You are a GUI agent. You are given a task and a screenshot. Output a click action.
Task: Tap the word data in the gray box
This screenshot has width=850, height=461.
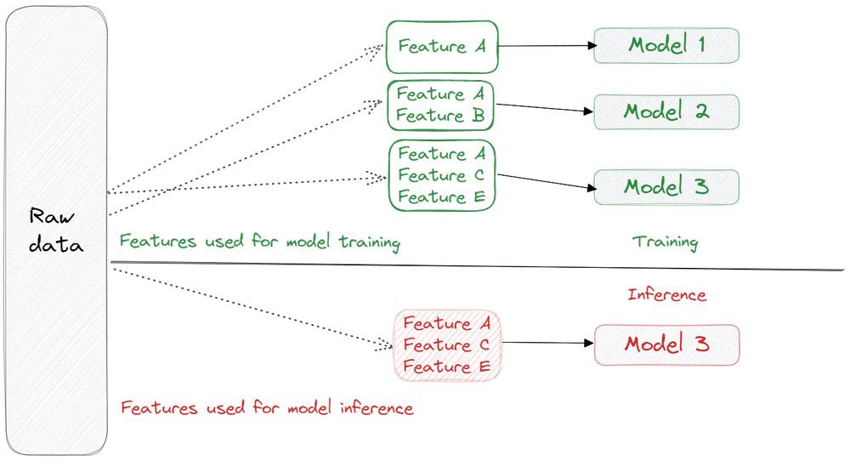tap(55, 245)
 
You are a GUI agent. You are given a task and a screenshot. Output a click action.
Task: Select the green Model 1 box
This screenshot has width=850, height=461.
tap(666, 45)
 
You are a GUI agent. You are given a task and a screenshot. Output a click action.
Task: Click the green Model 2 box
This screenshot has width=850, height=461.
tap(666, 111)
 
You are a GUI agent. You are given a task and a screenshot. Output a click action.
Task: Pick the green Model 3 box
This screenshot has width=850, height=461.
tap(666, 186)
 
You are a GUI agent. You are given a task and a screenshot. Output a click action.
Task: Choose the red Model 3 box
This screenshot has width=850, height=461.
tap(666, 344)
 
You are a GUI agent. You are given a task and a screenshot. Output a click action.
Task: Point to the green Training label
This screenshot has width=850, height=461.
tap(665, 242)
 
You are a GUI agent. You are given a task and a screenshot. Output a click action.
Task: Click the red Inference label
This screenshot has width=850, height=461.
tap(666, 295)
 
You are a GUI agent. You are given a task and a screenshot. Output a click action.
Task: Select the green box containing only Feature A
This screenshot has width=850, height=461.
tap(441, 47)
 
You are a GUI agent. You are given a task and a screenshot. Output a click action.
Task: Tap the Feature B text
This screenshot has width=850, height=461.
tap(440, 116)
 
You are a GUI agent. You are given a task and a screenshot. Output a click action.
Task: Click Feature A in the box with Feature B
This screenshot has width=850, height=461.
tap(441, 94)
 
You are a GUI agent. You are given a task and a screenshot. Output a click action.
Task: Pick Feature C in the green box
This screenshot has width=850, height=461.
tap(440, 175)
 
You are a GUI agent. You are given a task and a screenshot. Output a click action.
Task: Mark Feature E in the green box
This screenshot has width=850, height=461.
tap(440, 196)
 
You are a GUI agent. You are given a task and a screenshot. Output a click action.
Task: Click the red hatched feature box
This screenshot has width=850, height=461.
tap(447, 344)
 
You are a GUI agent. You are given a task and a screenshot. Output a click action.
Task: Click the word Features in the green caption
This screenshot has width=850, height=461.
tap(150, 242)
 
